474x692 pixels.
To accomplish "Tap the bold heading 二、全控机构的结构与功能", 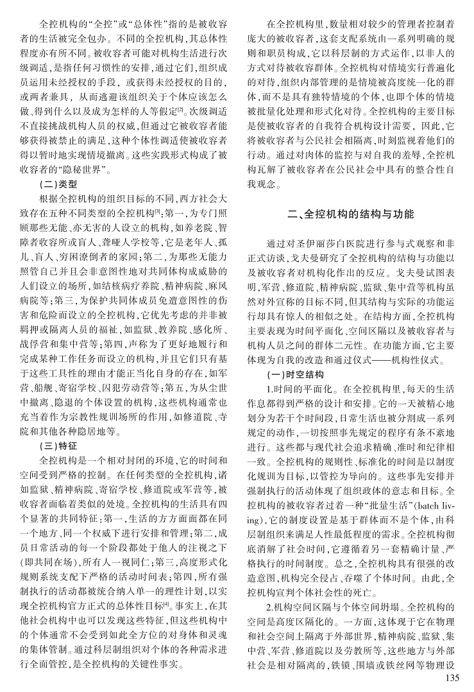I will click(351, 212).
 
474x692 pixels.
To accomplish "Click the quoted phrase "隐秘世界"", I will click(81, 170).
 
